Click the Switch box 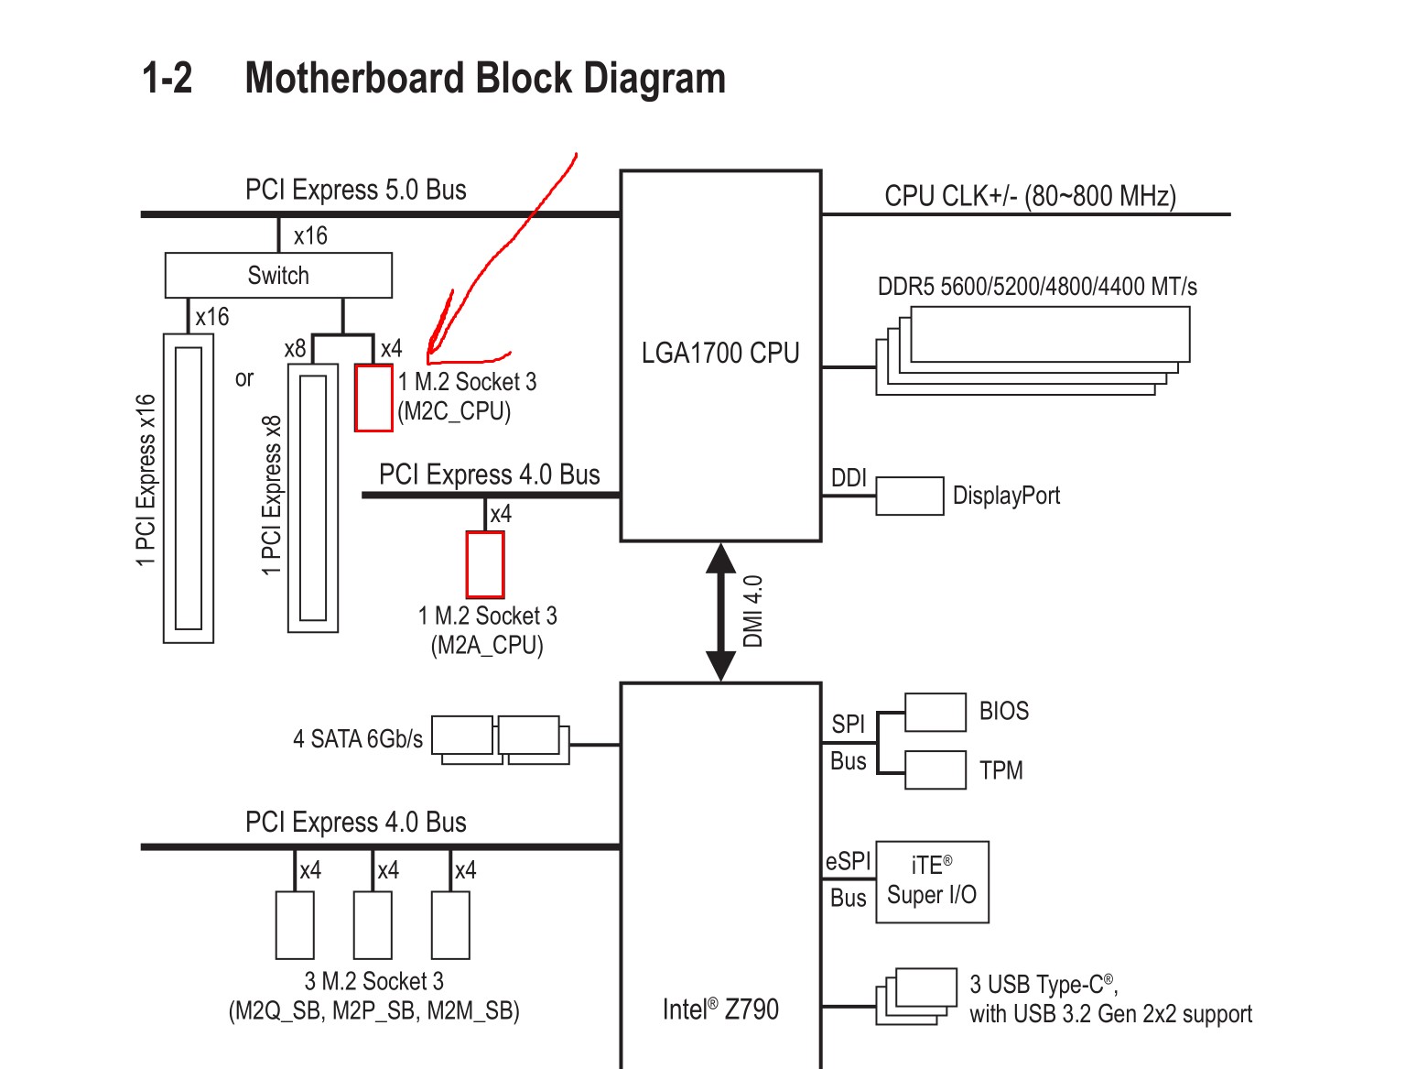(x=278, y=276)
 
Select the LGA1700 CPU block (x=720, y=355)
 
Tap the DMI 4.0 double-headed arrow (x=721, y=612)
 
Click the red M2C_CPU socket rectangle (x=373, y=398)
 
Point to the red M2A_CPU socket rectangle (x=485, y=564)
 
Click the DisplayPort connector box (x=909, y=496)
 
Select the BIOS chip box (x=935, y=712)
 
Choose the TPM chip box (x=935, y=770)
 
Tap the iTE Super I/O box (x=932, y=881)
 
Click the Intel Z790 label (x=720, y=1009)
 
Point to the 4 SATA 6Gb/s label (x=358, y=739)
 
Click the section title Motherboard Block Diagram (x=485, y=79)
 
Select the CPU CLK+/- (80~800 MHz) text (x=1030, y=196)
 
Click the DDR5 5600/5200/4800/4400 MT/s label (x=1037, y=287)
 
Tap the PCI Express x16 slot (x=189, y=488)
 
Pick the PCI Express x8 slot (x=313, y=498)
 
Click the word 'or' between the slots (x=244, y=378)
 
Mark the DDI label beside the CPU (x=849, y=478)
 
